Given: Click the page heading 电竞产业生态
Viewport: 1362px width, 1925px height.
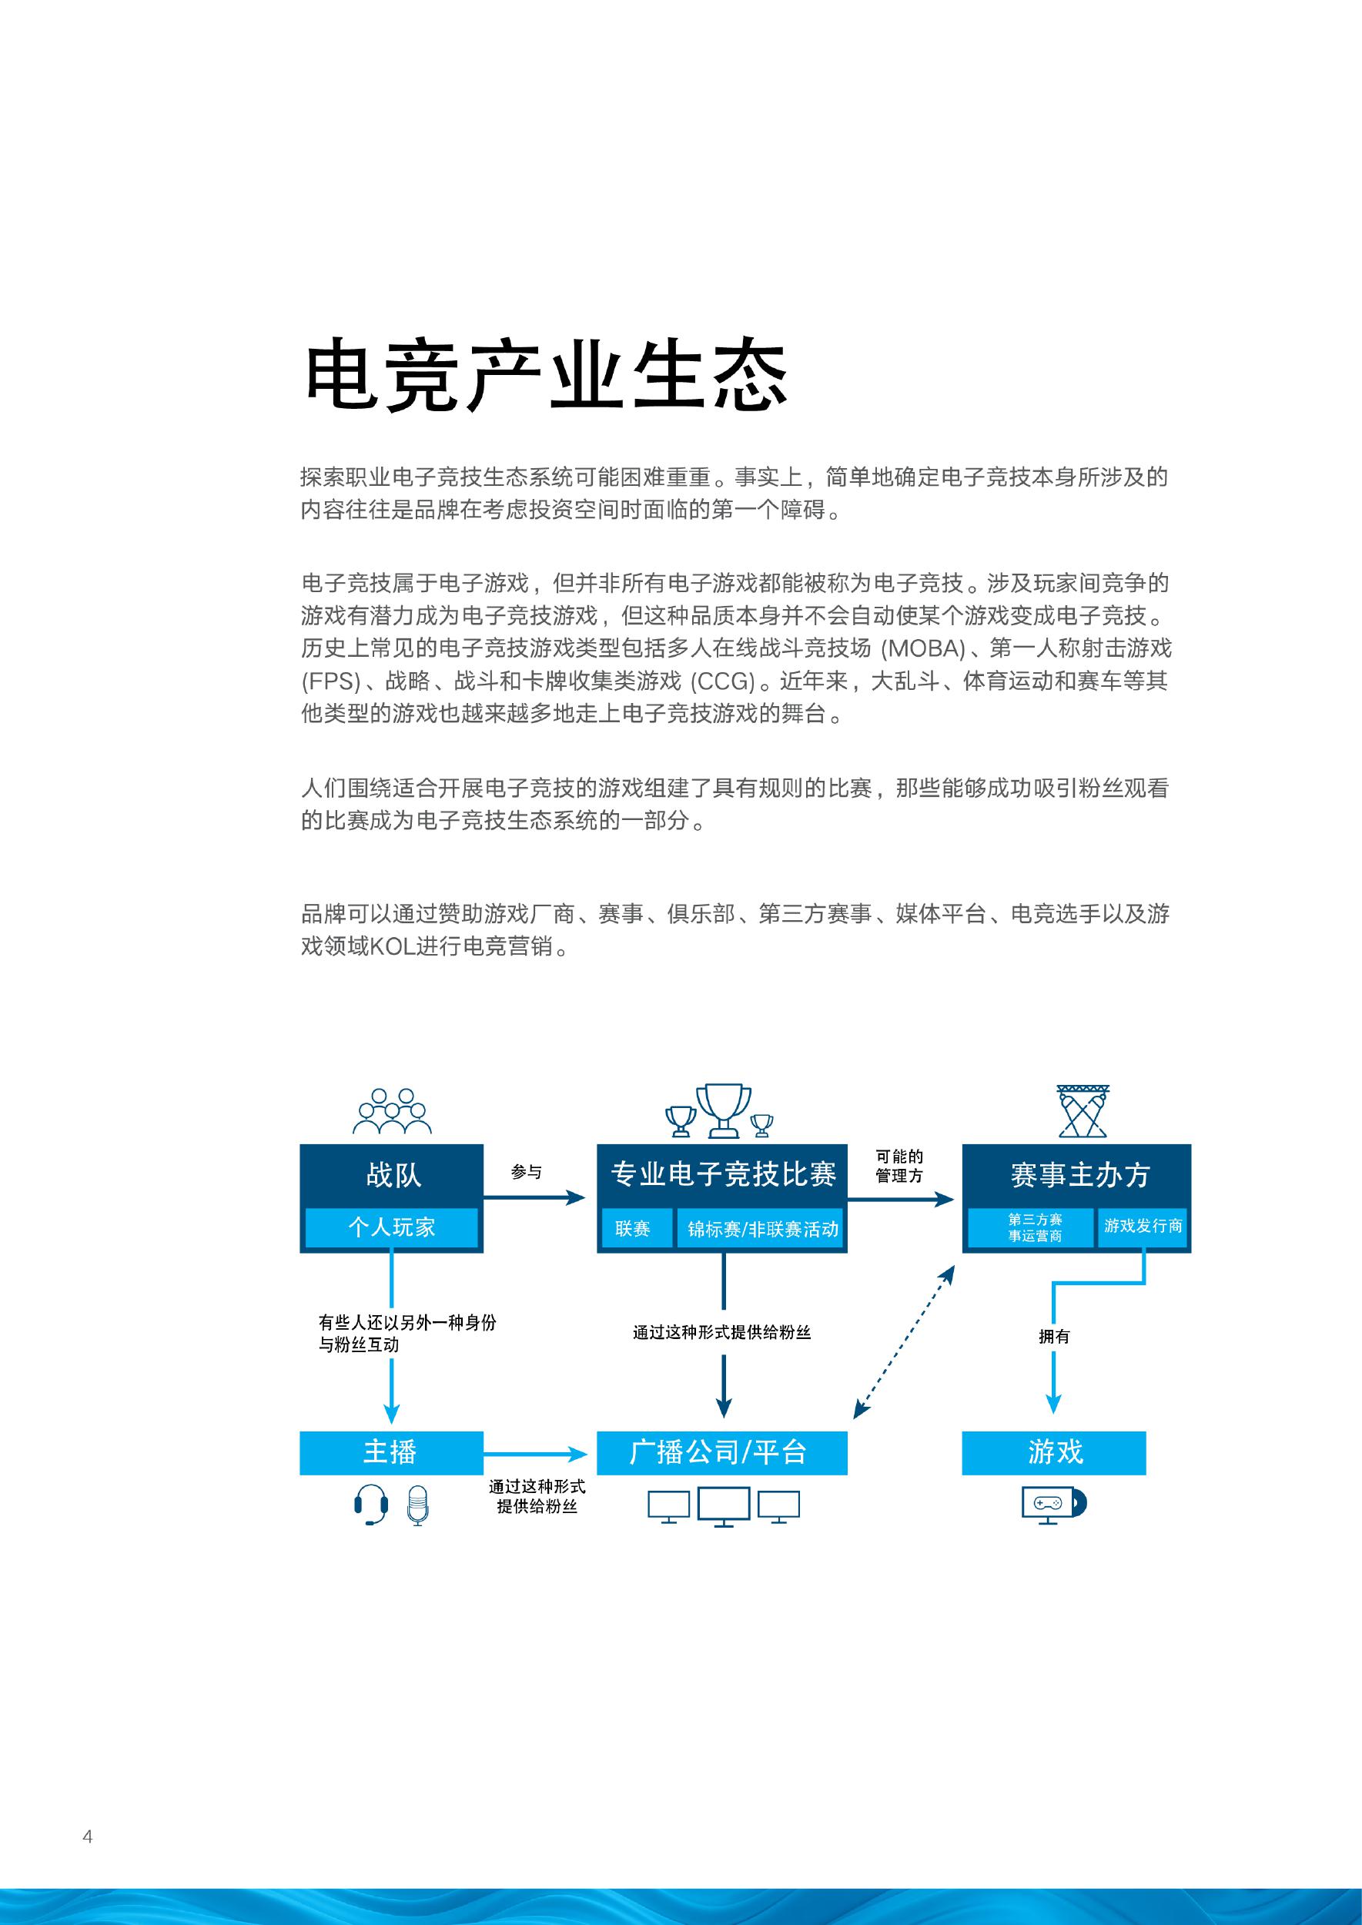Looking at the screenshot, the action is click(x=545, y=375).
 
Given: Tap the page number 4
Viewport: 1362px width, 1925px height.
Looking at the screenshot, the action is click(x=87, y=1836).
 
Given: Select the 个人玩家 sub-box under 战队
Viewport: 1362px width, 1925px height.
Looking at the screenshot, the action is click(x=391, y=1227).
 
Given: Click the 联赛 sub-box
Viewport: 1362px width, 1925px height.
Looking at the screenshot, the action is click(x=633, y=1229).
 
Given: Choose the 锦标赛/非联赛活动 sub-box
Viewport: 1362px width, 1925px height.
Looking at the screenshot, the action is click(x=762, y=1229).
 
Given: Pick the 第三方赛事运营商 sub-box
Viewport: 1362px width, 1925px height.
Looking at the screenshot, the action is click(x=1034, y=1227).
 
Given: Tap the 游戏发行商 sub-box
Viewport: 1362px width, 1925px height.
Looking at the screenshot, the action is click(x=1143, y=1226).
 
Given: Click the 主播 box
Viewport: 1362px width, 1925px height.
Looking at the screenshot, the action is click(x=391, y=1452).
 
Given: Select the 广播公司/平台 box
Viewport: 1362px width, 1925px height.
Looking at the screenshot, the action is click(x=721, y=1452).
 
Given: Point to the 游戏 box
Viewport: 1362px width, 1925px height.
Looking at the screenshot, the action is click(x=1053, y=1452).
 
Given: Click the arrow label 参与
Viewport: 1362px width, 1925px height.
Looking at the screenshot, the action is click(x=526, y=1172).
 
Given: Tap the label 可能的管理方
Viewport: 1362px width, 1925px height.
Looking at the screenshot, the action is click(x=899, y=1166).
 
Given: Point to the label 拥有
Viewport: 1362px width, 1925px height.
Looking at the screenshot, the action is click(x=1053, y=1336).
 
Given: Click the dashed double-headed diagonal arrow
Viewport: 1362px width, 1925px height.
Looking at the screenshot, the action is click(x=903, y=1341).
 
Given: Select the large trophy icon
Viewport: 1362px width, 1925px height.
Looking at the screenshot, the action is click(x=723, y=1110).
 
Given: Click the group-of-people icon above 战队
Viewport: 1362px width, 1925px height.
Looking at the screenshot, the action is click(x=392, y=1111).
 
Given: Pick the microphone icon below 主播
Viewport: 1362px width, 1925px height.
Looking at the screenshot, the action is click(x=417, y=1505).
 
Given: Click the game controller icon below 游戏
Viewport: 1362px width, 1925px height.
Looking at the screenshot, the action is click(x=1049, y=1502).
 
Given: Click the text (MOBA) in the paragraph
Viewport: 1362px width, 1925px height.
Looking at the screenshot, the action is click(x=924, y=648).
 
